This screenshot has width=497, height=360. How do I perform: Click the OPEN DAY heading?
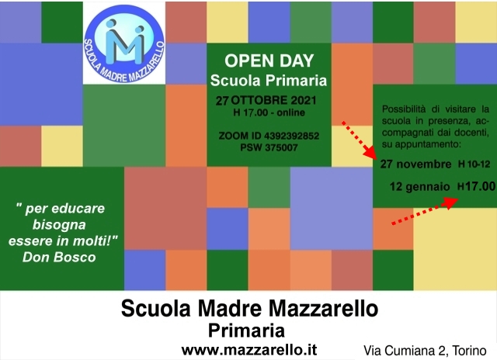click(x=269, y=61)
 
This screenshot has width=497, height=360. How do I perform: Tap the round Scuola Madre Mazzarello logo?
click(x=124, y=43)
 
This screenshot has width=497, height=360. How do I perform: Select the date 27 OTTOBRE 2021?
click(x=266, y=100)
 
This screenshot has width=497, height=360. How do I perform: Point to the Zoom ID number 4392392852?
click(x=292, y=136)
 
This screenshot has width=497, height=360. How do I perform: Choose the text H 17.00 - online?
click(x=269, y=112)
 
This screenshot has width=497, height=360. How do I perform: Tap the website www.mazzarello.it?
click(x=249, y=350)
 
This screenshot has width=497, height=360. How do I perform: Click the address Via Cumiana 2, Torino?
click(x=425, y=351)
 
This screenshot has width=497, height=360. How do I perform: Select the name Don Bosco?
click(x=59, y=257)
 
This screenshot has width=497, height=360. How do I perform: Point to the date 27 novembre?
click(x=416, y=164)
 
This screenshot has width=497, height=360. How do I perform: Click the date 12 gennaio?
click(x=419, y=186)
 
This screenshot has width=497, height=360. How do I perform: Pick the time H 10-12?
click(x=474, y=164)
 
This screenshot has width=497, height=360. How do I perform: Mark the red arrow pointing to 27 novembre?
click(x=359, y=140)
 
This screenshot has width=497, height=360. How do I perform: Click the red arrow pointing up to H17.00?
click(x=425, y=211)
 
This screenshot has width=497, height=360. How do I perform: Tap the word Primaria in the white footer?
click(x=246, y=331)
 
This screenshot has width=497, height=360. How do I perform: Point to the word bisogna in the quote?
click(x=59, y=225)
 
